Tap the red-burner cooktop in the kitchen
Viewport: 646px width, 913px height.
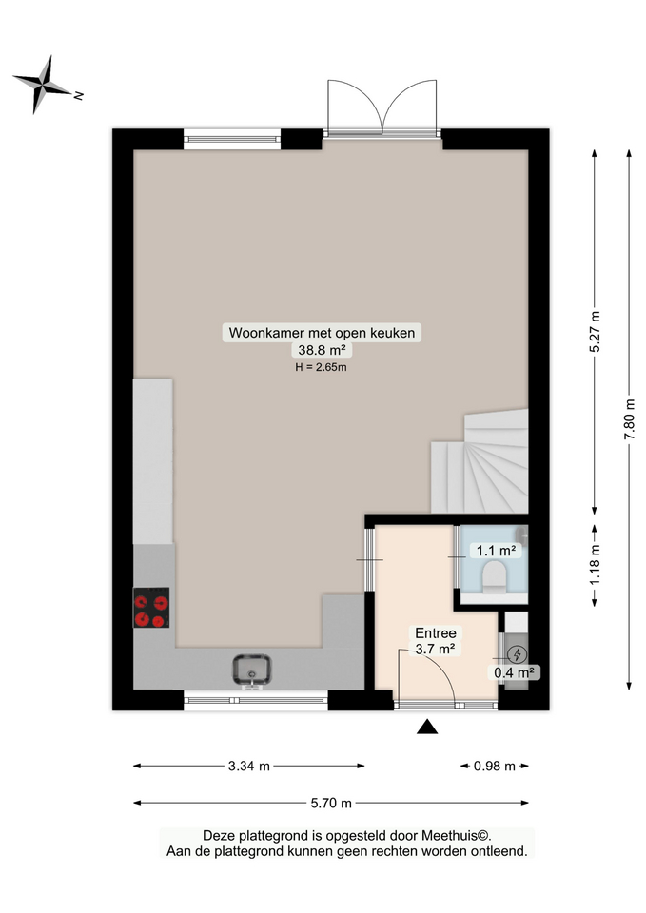[151, 609]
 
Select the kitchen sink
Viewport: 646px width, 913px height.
[252, 670]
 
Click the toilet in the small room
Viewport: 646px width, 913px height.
[494, 577]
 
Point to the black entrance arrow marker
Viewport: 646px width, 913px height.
[427, 728]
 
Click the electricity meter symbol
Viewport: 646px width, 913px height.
[517, 654]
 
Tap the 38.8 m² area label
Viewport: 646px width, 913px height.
[322, 350]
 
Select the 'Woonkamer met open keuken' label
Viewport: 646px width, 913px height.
[322, 333]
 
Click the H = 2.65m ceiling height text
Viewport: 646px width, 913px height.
[322, 367]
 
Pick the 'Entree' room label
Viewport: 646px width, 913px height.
[435, 633]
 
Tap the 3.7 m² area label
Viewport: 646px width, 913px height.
[434, 650]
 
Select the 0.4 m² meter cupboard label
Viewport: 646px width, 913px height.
[514, 672]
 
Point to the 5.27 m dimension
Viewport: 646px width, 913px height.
[596, 333]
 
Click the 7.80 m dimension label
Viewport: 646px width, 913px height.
[628, 418]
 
